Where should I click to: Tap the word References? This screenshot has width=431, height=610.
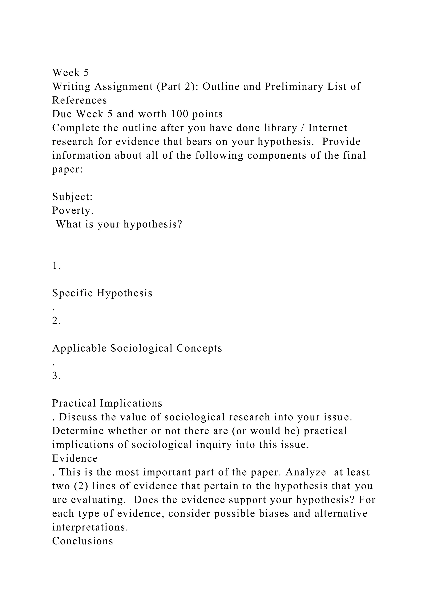pos(79,100)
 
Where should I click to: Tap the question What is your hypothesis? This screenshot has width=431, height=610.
pos(119,224)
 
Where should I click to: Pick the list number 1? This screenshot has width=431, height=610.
pos(56,265)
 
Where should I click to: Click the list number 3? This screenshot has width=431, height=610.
pos(56,376)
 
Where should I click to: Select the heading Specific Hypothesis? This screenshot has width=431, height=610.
pos(102,293)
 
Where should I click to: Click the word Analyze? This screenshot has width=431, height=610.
pos(306,472)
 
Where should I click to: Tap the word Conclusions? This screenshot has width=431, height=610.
pos(82,541)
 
